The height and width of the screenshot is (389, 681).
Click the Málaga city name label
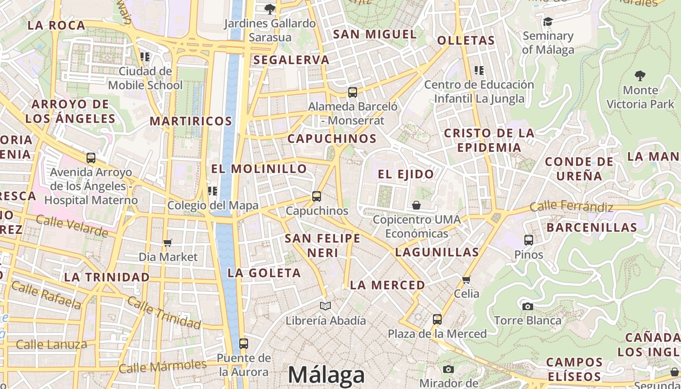click(326, 375)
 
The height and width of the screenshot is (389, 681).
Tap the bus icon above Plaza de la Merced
click(437, 319)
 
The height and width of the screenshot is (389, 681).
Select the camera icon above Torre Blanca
click(527, 306)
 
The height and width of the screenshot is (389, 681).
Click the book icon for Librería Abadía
click(325, 306)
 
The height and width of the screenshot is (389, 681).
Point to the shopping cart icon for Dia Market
click(168, 243)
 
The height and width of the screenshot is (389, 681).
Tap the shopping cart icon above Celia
click(466, 280)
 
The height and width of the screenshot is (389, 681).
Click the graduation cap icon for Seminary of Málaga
click(548, 21)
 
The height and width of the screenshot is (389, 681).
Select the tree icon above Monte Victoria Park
click(640, 75)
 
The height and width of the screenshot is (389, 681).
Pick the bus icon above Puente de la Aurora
click(244, 344)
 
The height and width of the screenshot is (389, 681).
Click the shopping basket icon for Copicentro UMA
click(416, 205)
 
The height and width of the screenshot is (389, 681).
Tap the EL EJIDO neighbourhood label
click(406, 174)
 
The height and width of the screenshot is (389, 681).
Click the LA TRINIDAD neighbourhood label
click(107, 277)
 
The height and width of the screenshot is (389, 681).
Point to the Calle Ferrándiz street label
click(571, 206)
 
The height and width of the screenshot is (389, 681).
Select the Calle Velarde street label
click(72, 226)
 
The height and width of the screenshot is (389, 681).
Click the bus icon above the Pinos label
click(529, 240)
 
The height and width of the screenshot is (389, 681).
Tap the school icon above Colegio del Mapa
click(213, 191)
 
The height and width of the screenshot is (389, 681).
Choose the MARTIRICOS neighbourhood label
click(191, 121)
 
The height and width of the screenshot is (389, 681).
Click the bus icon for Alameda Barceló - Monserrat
click(353, 92)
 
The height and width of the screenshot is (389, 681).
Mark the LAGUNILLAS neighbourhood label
click(437, 252)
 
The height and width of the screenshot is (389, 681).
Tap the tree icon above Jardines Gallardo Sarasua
click(269, 9)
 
